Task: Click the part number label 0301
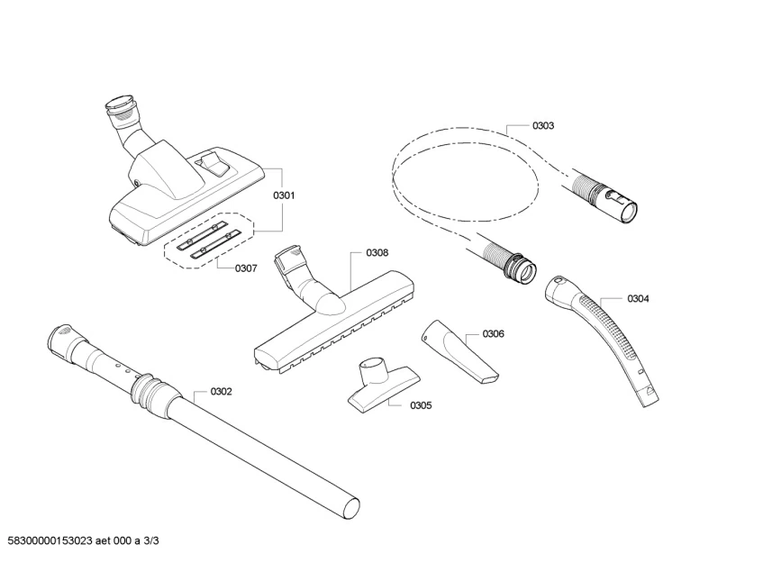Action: click(284, 195)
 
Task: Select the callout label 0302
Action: click(221, 391)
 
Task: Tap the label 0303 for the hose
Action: click(543, 126)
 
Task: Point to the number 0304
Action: click(638, 298)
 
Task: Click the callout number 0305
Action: click(420, 405)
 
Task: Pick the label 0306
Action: click(493, 333)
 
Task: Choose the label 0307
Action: click(246, 268)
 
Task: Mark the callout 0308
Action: click(377, 254)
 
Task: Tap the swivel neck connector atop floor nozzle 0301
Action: click(123, 116)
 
